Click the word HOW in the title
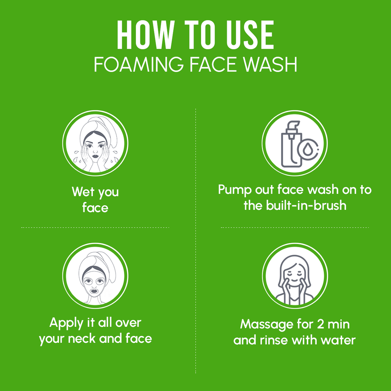145,35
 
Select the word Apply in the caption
66,323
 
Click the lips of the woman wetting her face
95,156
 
